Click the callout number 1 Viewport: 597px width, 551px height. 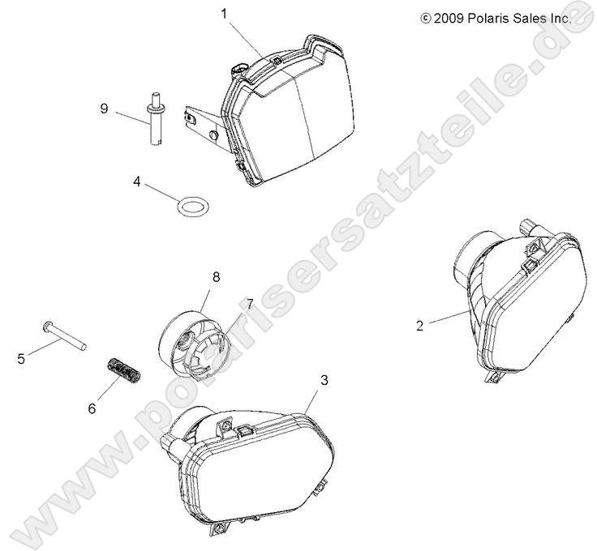point(224,15)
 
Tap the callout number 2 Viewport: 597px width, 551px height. point(419,326)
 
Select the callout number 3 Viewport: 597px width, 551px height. point(324,380)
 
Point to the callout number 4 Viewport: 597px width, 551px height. point(137,182)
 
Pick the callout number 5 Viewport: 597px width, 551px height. point(21,359)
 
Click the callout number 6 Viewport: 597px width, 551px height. point(92,408)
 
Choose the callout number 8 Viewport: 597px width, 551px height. point(216,277)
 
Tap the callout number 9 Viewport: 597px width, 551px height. point(104,109)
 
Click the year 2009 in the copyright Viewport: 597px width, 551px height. point(449,19)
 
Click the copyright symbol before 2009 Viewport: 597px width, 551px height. point(425,19)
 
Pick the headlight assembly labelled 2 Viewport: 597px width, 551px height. point(520,301)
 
